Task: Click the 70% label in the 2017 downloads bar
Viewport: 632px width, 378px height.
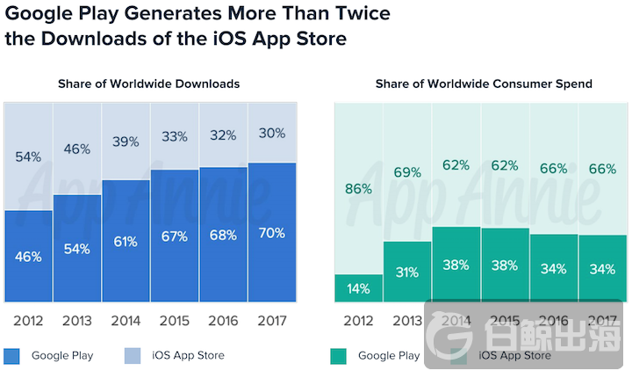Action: (x=271, y=233)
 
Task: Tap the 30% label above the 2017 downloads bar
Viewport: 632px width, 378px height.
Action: (x=271, y=133)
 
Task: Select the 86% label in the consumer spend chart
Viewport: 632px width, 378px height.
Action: (x=358, y=188)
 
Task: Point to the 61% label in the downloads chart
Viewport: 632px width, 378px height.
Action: (x=126, y=242)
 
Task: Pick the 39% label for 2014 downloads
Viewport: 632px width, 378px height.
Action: (x=126, y=142)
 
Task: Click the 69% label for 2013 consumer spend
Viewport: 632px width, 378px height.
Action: (x=406, y=172)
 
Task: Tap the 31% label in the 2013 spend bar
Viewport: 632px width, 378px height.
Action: (x=406, y=273)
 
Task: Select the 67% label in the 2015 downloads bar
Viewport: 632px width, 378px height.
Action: (x=175, y=236)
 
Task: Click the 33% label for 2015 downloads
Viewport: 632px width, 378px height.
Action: (x=175, y=136)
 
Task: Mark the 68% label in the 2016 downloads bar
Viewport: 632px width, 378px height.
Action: (x=223, y=235)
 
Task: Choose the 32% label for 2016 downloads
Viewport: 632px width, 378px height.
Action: (x=223, y=135)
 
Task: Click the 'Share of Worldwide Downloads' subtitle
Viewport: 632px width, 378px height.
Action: (x=148, y=84)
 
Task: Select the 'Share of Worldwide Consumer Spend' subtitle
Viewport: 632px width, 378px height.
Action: (x=484, y=84)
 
